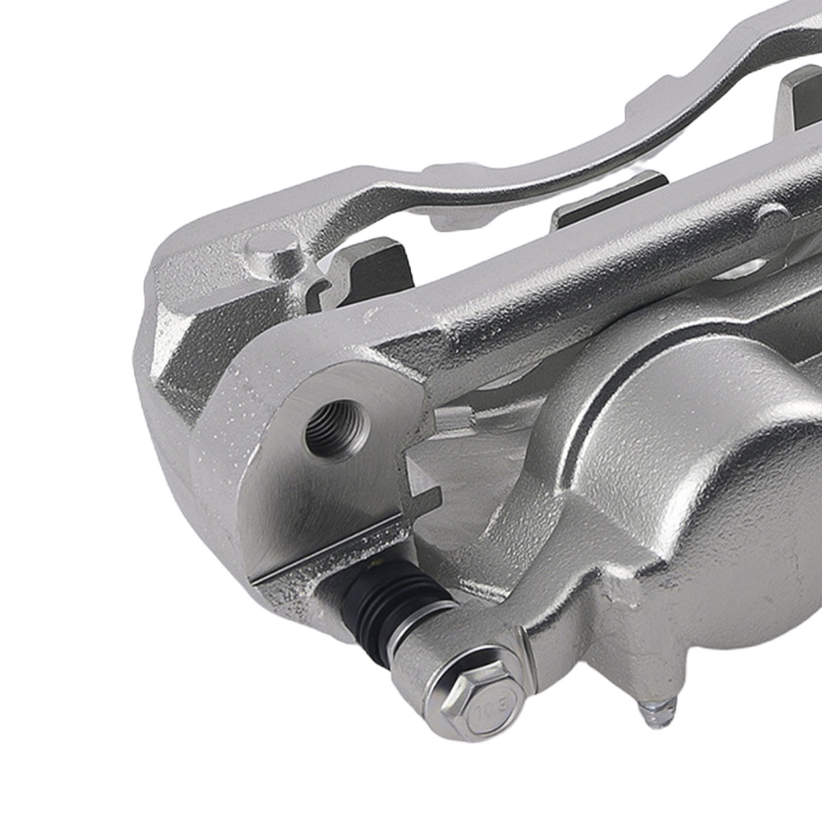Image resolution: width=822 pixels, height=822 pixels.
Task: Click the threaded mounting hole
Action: pyautogui.click(x=337, y=429)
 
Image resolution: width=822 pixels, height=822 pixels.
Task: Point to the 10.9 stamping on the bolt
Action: pyautogui.click(x=496, y=704)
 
